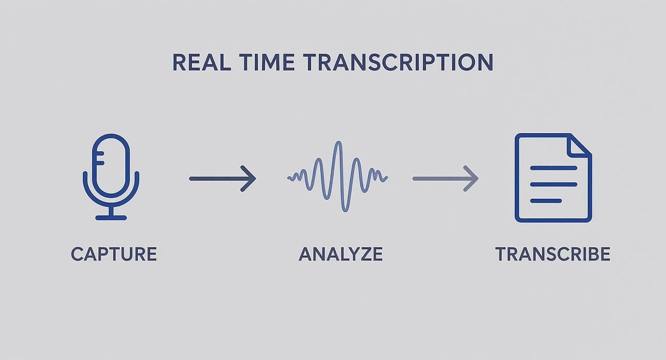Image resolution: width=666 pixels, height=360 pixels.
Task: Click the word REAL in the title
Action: pos(201,63)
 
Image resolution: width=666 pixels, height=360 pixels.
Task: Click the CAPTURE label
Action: pos(114,254)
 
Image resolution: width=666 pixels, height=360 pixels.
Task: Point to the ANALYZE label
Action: pos(341,254)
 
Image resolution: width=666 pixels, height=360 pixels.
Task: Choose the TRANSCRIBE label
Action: pos(553,254)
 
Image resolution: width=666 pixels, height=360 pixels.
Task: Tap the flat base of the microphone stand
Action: pos(111,218)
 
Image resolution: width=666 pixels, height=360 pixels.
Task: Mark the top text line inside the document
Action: pos(554,168)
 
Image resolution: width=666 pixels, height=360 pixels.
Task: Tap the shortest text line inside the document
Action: pos(546,201)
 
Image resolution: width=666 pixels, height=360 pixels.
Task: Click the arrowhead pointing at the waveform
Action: pos(250,179)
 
